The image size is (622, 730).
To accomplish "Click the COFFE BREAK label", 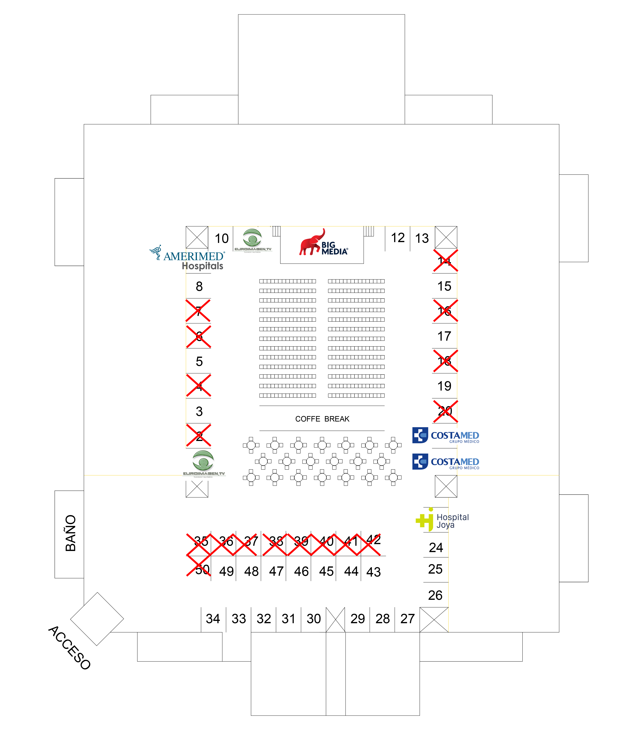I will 322,419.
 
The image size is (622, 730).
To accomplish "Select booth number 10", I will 222,238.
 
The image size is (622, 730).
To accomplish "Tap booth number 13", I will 422,238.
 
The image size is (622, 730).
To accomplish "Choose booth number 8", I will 199,286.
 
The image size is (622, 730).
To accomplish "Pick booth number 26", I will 435,595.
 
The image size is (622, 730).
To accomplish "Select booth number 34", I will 213,619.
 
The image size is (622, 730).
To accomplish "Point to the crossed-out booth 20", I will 445,411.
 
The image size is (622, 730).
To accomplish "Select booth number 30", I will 314,619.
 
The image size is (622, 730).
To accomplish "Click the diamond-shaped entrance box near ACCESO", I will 97,619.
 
